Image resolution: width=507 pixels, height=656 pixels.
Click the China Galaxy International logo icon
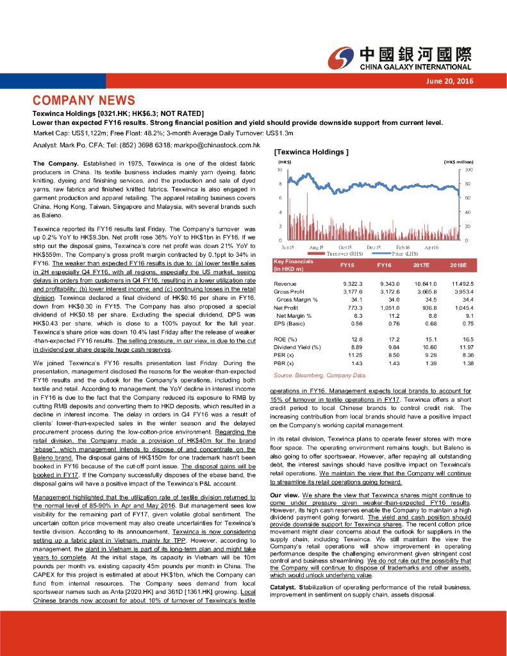tap(340, 58)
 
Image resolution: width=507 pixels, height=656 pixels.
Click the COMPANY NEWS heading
tap(84, 101)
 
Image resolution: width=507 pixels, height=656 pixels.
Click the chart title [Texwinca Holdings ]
tap(311, 152)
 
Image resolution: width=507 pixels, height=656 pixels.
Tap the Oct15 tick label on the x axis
tap(345, 247)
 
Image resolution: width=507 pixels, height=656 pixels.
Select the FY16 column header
tap(384, 265)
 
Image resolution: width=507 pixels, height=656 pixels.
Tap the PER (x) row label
tap(284, 355)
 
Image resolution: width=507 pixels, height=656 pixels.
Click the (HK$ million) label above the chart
tap(458, 162)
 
